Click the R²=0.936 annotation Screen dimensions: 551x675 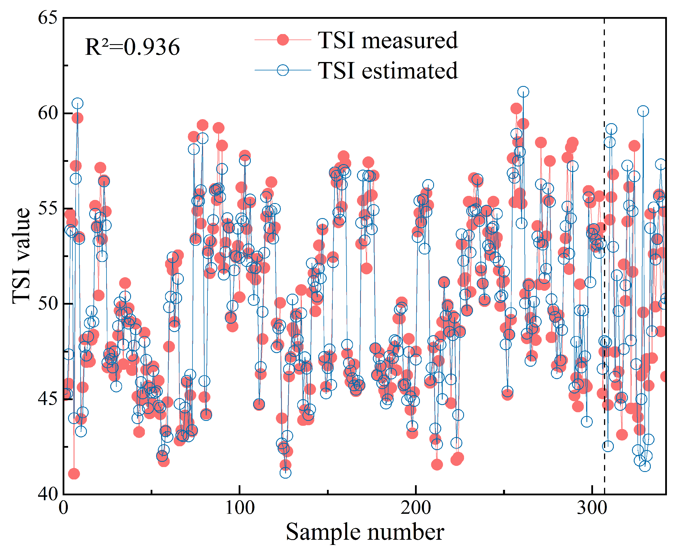click(x=132, y=47)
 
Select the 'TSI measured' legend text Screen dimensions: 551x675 click(x=388, y=40)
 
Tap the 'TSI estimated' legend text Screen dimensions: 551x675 click(x=388, y=70)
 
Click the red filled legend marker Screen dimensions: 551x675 click(x=283, y=40)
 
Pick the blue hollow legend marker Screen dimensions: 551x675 click(x=283, y=70)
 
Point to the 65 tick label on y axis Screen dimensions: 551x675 click(x=48, y=18)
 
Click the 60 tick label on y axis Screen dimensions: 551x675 click(x=48, y=113)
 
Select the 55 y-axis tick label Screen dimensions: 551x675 click(x=48, y=209)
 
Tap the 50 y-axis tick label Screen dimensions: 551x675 click(x=48, y=304)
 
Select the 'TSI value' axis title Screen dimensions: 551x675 click(x=21, y=256)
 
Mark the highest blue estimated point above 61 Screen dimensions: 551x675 click(x=523, y=92)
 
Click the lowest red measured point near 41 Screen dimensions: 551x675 click(x=74, y=474)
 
